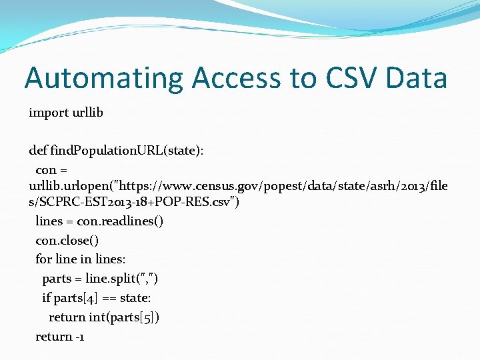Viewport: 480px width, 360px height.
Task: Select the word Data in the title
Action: (x=417, y=78)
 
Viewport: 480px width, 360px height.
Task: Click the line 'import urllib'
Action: (x=66, y=112)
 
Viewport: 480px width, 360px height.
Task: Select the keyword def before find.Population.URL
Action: (x=38, y=151)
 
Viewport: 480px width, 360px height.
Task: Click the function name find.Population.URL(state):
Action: (x=127, y=151)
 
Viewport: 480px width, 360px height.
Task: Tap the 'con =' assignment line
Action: (x=51, y=170)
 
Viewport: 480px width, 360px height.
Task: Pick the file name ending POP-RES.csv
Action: (x=134, y=202)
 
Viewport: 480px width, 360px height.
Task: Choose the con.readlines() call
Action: (x=121, y=221)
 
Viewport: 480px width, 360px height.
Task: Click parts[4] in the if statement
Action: (x=83, y=297)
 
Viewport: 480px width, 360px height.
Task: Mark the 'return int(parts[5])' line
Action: (x=104, y=317)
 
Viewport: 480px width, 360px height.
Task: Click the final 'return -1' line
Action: (x=59, y=336)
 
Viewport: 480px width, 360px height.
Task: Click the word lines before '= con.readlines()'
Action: (x=50, y=221)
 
